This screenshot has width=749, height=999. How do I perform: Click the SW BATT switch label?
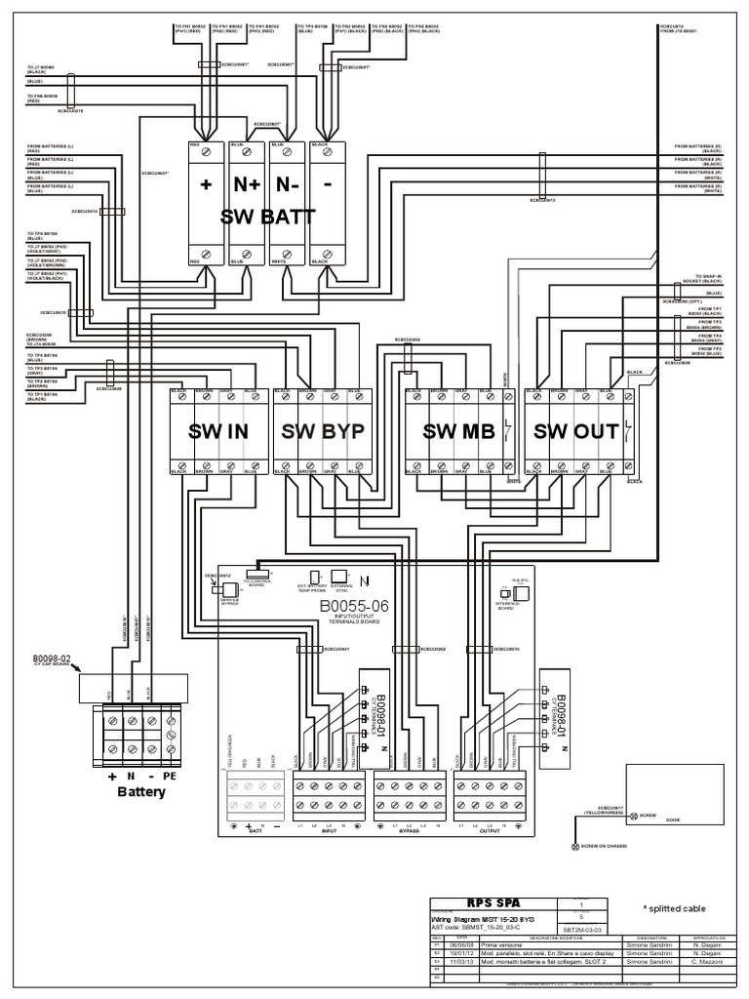(268, 218)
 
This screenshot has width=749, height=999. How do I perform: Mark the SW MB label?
(456, 432)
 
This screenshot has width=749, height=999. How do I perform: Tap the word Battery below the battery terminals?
(141, 791)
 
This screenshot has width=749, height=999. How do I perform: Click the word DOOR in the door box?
(671, 819)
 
